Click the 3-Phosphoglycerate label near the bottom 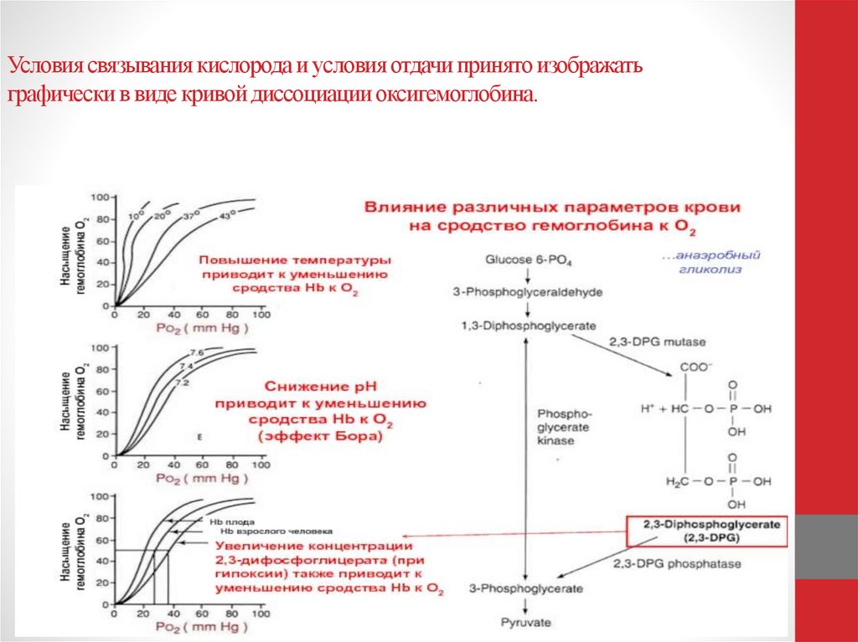tap(525, 589)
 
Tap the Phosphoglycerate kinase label tap(564, 427)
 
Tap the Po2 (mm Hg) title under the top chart tap(203, 328)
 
